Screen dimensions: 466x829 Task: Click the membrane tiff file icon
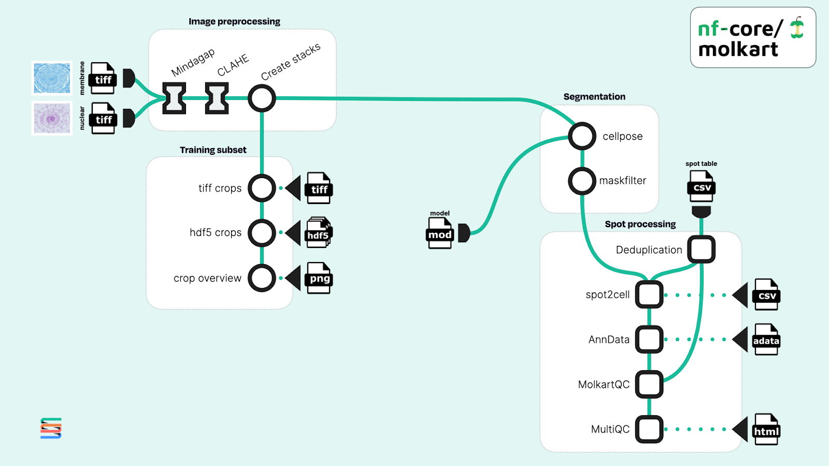tap(103, 78)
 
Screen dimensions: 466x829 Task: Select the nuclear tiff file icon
tap(103, 118)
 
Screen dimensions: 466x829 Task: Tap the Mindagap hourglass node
tap(174, 98)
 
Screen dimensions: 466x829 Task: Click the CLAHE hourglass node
tap(217, 98)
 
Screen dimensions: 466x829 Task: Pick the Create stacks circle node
tap(262, 98)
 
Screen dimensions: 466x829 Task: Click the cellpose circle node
tap(582, 136)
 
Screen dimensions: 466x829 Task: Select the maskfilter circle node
tap(582, 181)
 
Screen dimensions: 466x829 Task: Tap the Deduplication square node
tap(702, 249)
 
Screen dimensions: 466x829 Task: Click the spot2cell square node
tap(649, 295)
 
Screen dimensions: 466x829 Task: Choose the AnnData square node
tap(649, 340)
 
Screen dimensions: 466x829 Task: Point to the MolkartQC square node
tap(649, 384)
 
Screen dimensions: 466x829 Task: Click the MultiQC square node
tap(649, 429)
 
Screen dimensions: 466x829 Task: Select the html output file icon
tap(766, 429)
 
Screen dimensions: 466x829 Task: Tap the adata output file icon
tap(766, 339)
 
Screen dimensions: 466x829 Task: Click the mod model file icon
tap(440, 233)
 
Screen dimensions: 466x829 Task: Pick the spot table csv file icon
tap(702, 186)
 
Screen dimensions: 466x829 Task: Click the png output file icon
tap(319, 278)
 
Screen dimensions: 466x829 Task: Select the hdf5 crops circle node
tap(262, 233)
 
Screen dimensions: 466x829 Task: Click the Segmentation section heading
tap(594, 97)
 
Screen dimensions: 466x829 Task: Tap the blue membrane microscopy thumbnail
tap(52, 78)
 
